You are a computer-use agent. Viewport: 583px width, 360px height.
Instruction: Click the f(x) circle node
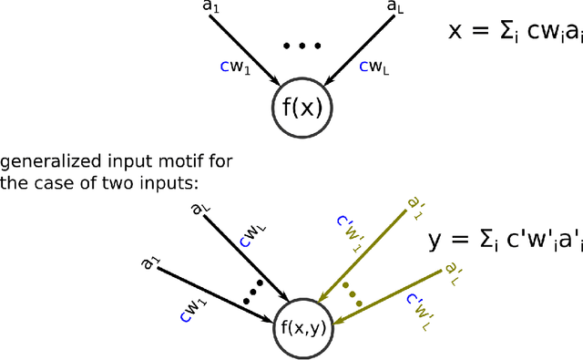tap(302, 108)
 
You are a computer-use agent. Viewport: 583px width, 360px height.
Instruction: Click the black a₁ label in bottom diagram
tap(149, 263)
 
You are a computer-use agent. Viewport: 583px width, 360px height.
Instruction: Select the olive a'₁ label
tap(414, 206)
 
